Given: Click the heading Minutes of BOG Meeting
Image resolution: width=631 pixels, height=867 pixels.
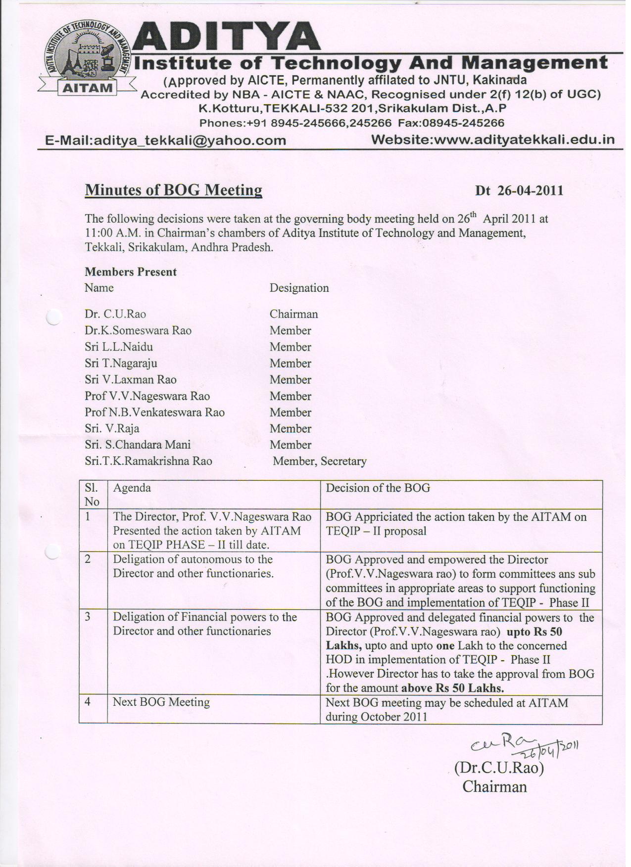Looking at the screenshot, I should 173,190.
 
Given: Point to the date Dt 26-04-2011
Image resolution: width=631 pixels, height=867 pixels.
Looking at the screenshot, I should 519,191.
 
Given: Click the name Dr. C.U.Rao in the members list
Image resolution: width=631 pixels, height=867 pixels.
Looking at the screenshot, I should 115,314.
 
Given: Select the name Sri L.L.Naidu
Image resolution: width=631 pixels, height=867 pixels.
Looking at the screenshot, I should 119,347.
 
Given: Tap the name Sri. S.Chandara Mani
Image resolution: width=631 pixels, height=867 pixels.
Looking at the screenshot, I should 138,445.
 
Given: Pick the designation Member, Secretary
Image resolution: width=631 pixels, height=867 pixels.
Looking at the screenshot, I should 320,461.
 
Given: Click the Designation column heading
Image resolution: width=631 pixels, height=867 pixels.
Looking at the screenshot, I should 299,288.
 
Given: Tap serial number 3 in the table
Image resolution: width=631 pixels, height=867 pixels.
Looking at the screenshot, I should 88,617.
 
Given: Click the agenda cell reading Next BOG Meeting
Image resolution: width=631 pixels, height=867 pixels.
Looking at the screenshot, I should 161,702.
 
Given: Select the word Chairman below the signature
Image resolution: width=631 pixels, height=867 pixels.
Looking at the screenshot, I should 494,786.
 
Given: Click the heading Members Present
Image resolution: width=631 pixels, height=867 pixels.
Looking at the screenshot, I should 131,272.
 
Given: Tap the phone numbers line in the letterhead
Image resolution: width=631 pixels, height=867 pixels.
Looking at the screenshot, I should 351,123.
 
